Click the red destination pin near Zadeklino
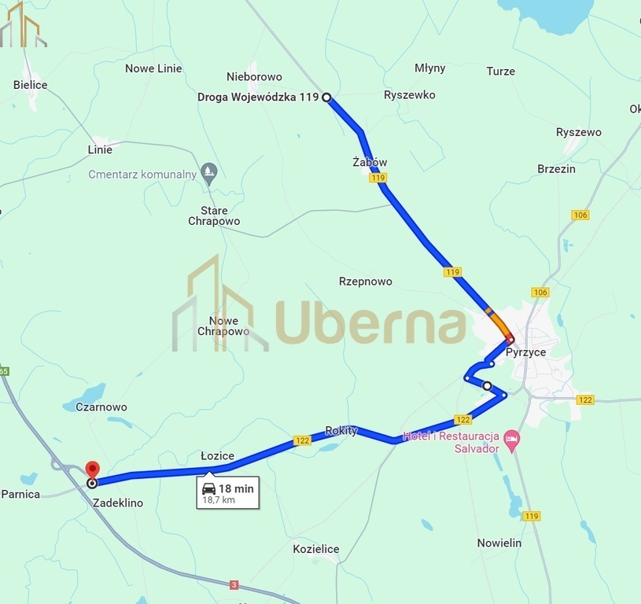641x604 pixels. click(x=91, y=469)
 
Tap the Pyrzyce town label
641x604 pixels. click(x=525, y=352)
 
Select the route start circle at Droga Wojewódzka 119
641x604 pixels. click(x=326, y=98)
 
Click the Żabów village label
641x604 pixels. click(x=370, y=163)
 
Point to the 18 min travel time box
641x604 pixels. click(x=228, y=493)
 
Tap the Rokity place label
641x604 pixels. click(x=341, y=430)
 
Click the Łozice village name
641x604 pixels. click(x=217, y=456)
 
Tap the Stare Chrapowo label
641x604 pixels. click(x=214, y=215)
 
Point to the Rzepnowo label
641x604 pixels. click(x=365, y=282)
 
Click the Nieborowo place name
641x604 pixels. click(x=254, y=77)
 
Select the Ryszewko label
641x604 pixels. click(x=409, y=95)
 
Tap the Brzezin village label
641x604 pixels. click(x=556, y=169)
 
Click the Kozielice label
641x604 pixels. click(x=315, y=549)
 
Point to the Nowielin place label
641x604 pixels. click(x=499, y=543)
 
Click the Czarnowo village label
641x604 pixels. click(x=101, y=407)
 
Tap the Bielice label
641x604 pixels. click(x=31, y=85)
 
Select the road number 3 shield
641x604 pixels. click(x=234, y=584)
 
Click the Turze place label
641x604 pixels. click(x=500, y=72)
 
